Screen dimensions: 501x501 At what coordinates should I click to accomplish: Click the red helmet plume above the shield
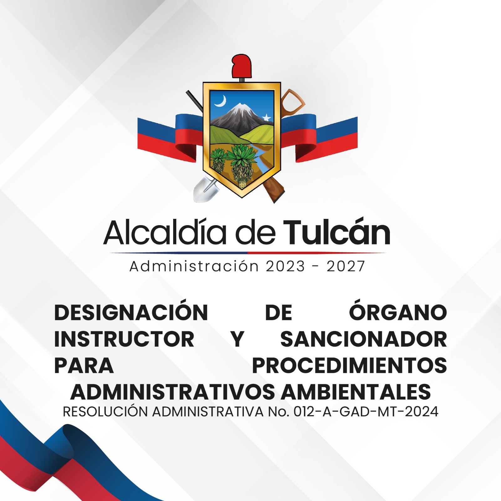(x=241, y=65)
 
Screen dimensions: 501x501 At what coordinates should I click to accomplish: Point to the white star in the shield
(x=266, y=118)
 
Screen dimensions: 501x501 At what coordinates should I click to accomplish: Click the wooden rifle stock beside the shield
(x=274, y=189)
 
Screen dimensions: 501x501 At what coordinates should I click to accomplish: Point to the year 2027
(x=346, y=266)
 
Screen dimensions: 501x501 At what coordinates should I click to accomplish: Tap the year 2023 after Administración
(x=285, y=266)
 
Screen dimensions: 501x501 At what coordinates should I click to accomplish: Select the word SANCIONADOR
(x=363, y=339)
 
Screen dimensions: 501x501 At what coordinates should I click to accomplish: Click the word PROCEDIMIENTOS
(x=349, y=365)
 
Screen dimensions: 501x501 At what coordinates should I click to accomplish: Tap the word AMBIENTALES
(x=355, y=392)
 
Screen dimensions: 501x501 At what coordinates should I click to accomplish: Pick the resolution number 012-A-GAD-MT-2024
(x=366, y=412)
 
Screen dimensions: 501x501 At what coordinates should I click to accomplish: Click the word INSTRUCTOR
(x=124, y=339)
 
